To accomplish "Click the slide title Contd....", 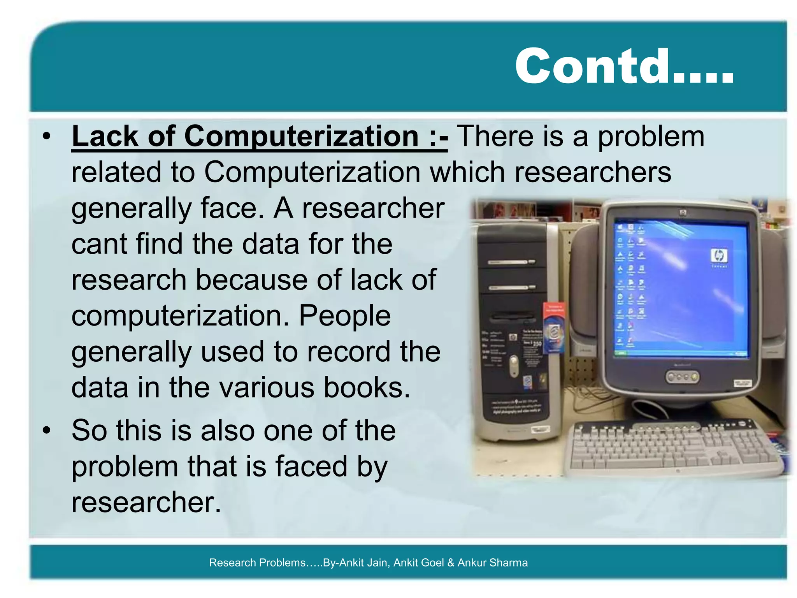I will click(624, 66).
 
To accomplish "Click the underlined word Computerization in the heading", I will click(302, 137).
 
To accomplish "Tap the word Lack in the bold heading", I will click(105, 137).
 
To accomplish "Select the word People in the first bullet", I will click(344, 316).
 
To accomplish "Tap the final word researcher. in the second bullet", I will click(146, 502).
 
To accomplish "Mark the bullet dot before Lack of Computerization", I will click(47, 137).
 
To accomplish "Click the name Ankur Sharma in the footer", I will click(492, 563).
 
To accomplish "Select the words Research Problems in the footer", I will click(257, 563).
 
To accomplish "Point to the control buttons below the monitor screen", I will click(683, 377).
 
